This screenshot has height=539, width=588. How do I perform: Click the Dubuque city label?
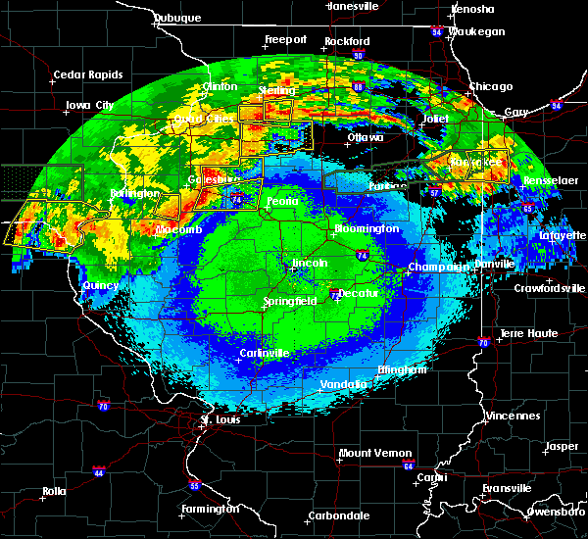coord(177,18)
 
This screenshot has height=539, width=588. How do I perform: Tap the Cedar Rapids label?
coord(84,74)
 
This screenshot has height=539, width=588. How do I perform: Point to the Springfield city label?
coord(290,302)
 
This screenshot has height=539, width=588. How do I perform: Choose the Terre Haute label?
coord(529,333)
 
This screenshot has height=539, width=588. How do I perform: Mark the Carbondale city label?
coord(337,515)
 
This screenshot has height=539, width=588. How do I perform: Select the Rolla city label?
coord(53,491)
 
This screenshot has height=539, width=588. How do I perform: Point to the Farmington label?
coord(211,509)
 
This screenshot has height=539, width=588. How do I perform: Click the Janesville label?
coord(354,6)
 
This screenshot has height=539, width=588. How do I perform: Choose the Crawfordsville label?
coord(550,288)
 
